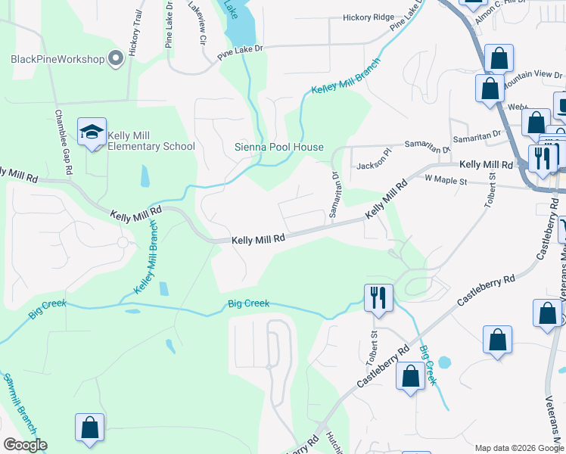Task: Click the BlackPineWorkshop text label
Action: point(58,58)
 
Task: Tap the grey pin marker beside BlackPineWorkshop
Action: point(116,58)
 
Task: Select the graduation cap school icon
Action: point(92,133)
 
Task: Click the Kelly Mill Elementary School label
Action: point(151,141)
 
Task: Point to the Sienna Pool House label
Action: point(279,148)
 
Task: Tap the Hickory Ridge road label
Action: point(369,17)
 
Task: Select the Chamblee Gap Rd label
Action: point(63,143)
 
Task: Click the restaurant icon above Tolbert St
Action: point(378,297)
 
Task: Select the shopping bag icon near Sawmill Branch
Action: point(89,427)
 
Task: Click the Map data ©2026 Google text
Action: point(518,448)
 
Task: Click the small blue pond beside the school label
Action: point(145,176)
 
